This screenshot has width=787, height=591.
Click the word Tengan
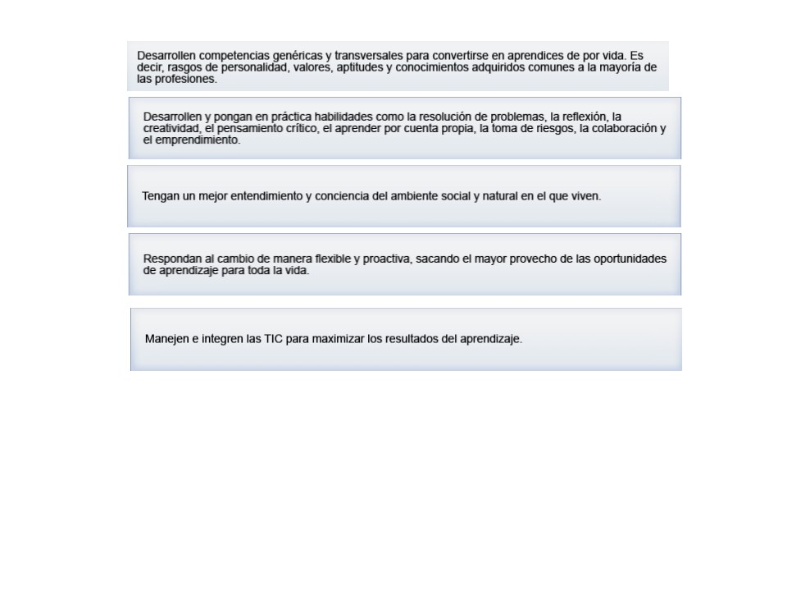[161, 196]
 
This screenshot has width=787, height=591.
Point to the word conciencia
[353, 196]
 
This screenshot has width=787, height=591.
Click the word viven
[585, 196]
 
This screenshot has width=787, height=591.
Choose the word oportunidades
[630, 259]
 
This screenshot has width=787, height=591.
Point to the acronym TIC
[274, 338]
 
